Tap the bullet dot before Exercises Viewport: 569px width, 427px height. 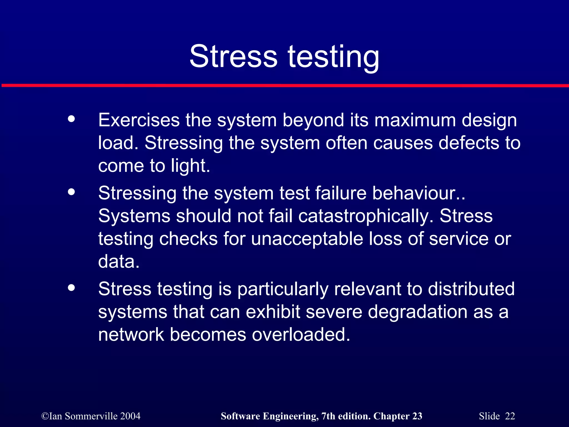tap(71, 119)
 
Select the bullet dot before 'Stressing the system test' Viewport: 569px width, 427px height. tap(71, 192)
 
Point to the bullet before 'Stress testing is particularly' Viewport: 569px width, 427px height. tap(71, 288)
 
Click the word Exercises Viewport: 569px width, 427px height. tap(139, 120)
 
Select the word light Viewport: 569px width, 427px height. tap(190, 166)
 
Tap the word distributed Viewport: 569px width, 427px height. tap(471, 289)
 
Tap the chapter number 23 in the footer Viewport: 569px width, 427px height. tap(417, 416)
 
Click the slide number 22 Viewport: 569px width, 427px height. tap(510, 416)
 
